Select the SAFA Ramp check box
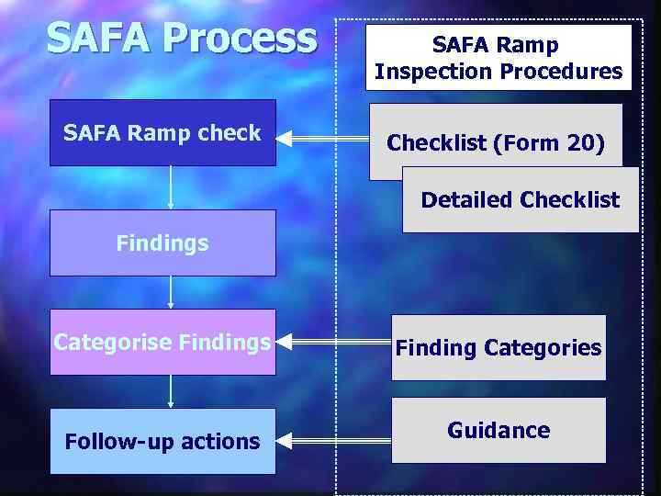click(x=162, y=133)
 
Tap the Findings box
click(x=162, y=243)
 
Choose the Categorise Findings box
click(x=162, y=343)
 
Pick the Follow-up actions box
click(x=162, y=441)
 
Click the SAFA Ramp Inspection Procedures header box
click(x=499, y=57)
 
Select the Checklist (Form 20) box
click(x=496, y=142)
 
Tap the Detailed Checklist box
click(x=520, y=199)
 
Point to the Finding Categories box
click(x=499, y=347)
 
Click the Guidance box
click(x=499, y=430)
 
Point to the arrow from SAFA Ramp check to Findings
click(x=171, y=187)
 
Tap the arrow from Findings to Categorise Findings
click(x=171, y=293)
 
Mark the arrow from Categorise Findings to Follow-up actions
click(x=171, y=390)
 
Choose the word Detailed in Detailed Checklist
click(x=466, y=199)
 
